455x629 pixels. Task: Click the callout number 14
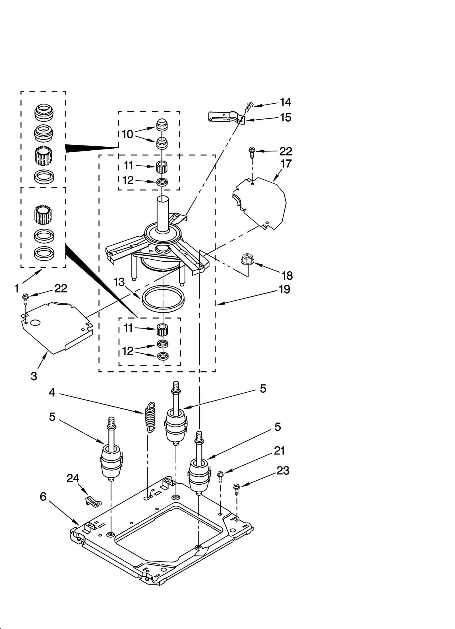[x=286, y=102]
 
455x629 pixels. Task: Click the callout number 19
[x=284, y=289]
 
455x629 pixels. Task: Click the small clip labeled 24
[x=93, y=502]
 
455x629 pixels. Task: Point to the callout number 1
[x=17, y=289]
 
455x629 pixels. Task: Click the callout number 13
[x=119, y=282]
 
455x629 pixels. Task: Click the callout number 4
[x=52, y=393]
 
